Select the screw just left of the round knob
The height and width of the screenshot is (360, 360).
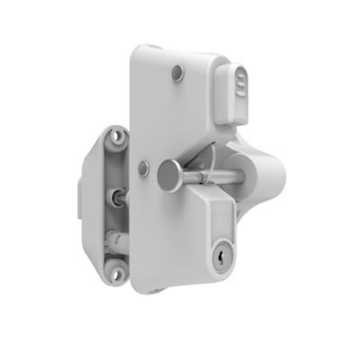[x=145, y=165]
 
